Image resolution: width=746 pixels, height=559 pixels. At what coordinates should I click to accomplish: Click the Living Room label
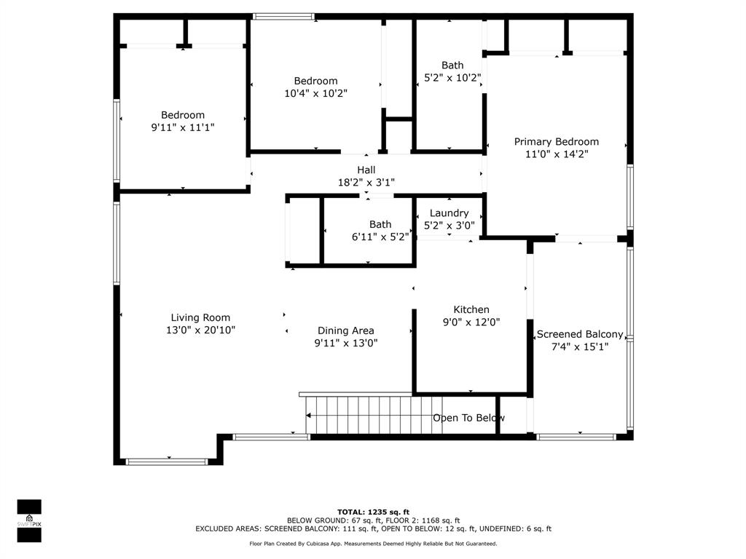pos(200,317)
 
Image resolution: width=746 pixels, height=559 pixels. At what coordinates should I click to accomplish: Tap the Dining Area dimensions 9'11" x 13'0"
pos(345,343)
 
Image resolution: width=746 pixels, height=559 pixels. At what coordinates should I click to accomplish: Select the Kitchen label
pos(471,309)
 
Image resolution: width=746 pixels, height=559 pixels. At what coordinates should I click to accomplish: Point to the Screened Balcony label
pos(580,335)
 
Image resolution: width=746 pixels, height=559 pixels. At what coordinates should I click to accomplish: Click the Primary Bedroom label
pos(556,142)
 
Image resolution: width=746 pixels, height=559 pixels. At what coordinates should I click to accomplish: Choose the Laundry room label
pos(449,213)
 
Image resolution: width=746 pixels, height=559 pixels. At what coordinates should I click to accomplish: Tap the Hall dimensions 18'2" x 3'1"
pos(366,183)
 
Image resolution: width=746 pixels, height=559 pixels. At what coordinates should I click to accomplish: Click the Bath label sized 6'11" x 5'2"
pos(380,224)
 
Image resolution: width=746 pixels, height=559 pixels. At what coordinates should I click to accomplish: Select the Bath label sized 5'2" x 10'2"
pos(452,66)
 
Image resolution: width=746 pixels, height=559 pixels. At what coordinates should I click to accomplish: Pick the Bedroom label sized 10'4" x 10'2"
pos(315,81)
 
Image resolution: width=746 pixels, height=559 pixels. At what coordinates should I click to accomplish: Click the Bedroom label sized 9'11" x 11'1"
pos(182,115)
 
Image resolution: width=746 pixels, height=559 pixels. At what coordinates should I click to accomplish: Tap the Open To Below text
pos(468,418)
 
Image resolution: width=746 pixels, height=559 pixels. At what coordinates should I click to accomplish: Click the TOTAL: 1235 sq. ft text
pos(373,512)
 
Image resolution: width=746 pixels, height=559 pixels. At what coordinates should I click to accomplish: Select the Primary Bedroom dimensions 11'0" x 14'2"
pos(556,154)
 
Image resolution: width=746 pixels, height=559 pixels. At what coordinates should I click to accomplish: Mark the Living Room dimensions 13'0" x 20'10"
pos(200,330)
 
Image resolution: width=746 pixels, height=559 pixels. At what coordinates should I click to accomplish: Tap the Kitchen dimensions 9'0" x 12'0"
pos(471,322)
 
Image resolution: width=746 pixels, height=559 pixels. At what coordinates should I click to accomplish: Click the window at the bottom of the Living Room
pos(168,461)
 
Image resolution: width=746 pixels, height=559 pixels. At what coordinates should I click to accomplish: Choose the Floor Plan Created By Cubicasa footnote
pos(373,544)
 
